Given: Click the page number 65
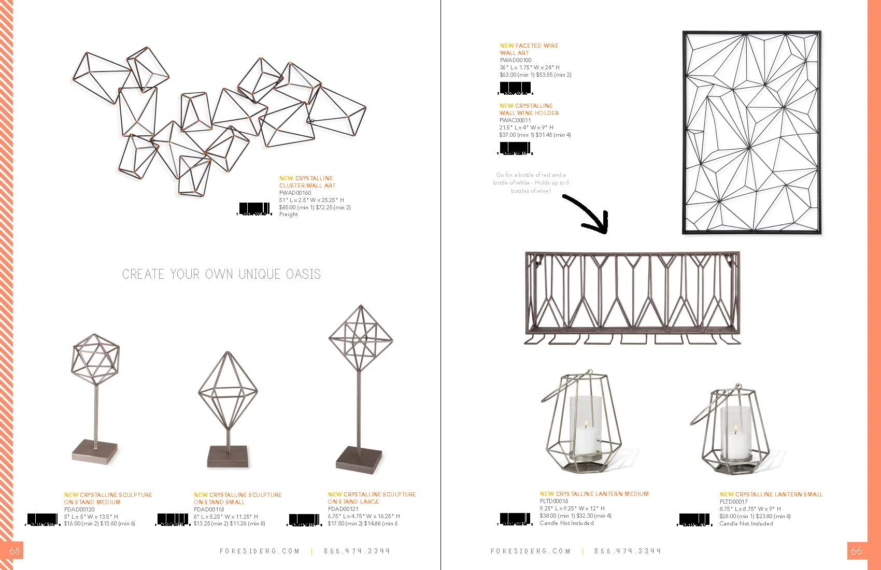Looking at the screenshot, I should (15, 551).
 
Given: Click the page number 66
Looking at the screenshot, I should (857, 551).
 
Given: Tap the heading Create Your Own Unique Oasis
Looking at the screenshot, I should (221, 274).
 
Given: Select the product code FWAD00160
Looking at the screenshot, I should (295, 193).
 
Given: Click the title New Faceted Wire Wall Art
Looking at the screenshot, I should (529, 49).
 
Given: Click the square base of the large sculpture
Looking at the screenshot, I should (359, 459).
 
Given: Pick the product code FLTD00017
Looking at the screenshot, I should (734, 502).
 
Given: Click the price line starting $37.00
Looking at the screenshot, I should (535, 135).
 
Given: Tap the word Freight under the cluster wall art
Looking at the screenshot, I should (289, 215).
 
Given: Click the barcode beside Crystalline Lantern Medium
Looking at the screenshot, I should (516, 518).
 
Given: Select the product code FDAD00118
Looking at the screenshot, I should (209, 509).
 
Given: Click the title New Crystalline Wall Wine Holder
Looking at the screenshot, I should (529, 109).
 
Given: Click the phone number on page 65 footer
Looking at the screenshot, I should (357, 551).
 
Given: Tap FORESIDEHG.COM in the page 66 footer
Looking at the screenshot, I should (530, 551).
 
